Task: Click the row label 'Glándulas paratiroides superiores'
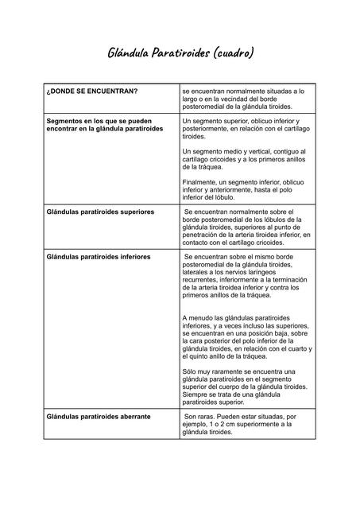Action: click(x=101, y=212)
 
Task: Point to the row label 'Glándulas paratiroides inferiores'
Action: click(x=99, y=258)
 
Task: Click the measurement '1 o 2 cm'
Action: click(x=226, y=424)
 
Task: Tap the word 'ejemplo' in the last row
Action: click(x=198, y=424)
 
